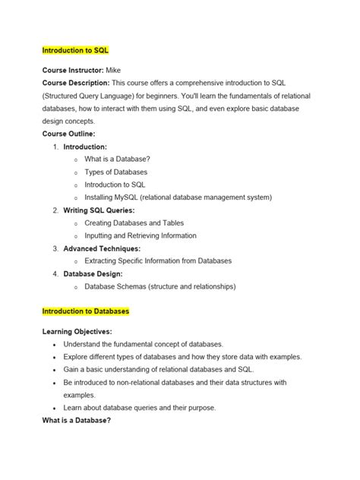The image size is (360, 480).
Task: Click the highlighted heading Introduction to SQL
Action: pos(76,50)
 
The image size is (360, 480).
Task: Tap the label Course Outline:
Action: pos(68,133)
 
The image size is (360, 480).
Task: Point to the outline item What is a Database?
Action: pos(117,159)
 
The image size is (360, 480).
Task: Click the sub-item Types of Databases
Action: pos(115,172)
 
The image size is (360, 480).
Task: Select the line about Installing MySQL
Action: pos(178,197)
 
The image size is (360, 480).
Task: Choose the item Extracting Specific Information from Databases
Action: pos(169,261)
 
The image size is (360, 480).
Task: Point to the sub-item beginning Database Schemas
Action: pos(160,286)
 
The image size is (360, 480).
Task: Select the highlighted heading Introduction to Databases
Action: pos(86,311)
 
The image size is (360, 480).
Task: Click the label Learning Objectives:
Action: pos(77,331)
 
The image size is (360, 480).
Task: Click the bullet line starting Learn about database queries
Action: pos(140,407)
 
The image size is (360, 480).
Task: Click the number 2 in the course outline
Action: pos(55,210)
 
